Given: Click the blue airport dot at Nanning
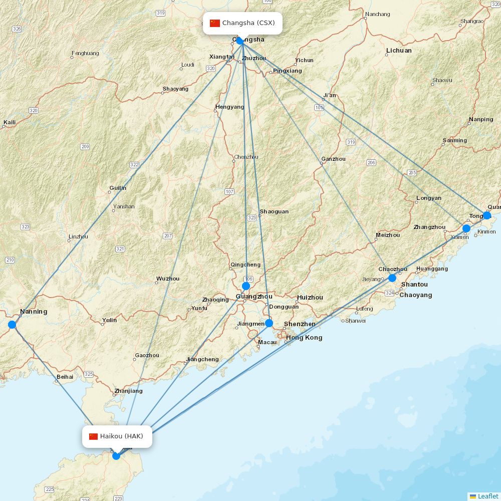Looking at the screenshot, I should coord(12,325).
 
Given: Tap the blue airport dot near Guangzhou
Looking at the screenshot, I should coord(246,286).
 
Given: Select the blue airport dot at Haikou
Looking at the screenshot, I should coord(116,455).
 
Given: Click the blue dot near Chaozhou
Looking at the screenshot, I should coord(392,278).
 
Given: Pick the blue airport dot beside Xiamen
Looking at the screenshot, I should coord(466,228).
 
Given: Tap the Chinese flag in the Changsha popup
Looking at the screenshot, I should coord(215,23).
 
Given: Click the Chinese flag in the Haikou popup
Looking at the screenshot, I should coord(93,436).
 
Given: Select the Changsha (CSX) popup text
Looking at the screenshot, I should coord(248,23).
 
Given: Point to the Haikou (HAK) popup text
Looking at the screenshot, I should coord(122,436).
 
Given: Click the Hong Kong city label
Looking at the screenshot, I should coord(304,338).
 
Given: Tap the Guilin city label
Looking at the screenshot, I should coord(118,188).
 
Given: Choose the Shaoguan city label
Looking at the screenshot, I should coord(274,211).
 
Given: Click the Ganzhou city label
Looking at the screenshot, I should coord(334,159).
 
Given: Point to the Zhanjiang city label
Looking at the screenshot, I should coord(129,391).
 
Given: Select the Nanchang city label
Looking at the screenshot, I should coord(378,14).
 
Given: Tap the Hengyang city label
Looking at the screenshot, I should coord(229,107).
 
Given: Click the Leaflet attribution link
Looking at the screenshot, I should coord(488,496).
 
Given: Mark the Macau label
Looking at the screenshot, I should coord(267,343).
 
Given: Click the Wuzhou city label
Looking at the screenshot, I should coord(168,279).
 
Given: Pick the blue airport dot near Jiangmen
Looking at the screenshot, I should coord(269,323).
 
